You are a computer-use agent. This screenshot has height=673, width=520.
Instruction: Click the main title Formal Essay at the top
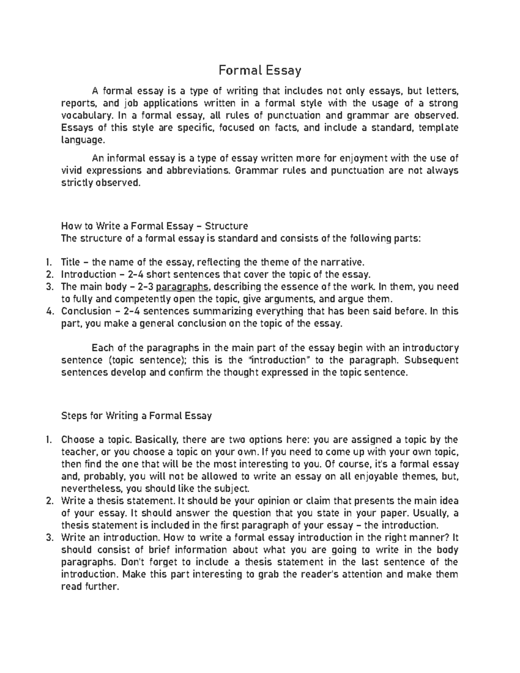pyautogui.click(x=260, y=70)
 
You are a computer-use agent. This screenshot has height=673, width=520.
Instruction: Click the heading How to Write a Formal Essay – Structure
pyautogui.click(x=155, y=226)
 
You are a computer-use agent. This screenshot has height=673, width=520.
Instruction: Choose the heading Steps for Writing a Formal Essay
pyautogui.click(x=136, y=416)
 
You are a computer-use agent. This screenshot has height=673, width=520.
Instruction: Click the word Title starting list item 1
pyautogui.click(x=70, y=262)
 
